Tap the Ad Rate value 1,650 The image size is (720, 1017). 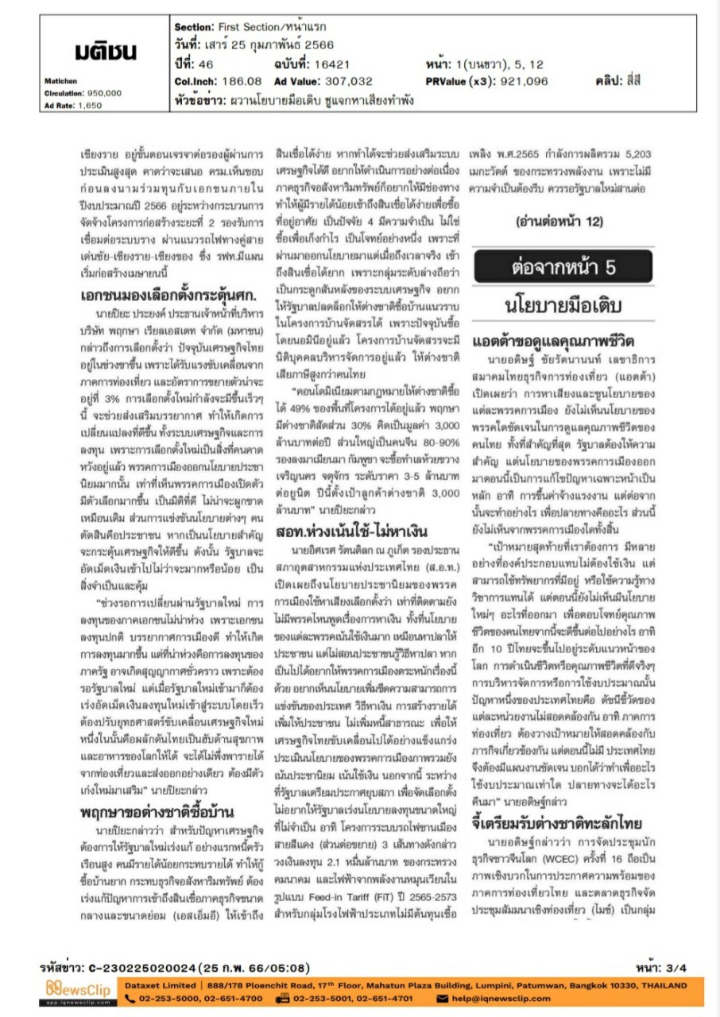[90, 104]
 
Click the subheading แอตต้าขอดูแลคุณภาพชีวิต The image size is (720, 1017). [553, 342]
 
